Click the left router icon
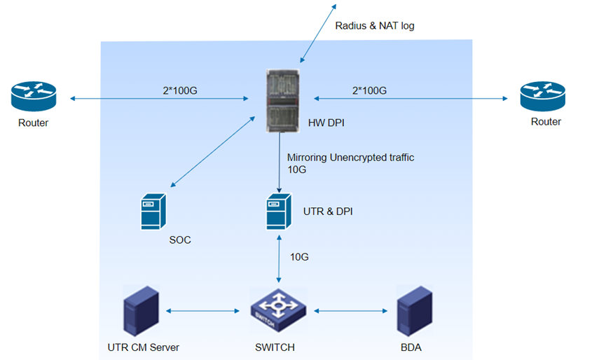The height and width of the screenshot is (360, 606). coord(33,97)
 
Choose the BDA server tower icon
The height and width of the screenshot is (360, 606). coord(412,309)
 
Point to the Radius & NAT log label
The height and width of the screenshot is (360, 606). coord(376,26)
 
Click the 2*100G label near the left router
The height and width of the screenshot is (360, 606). coord(179,90)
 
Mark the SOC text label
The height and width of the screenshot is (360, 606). coord(180,240)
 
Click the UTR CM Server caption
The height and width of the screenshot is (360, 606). coord(144,347)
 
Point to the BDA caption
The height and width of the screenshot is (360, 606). coord(411,347)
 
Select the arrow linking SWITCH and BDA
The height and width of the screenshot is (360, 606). coord(350,310)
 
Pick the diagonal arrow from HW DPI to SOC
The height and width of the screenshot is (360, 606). coord(212,151)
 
